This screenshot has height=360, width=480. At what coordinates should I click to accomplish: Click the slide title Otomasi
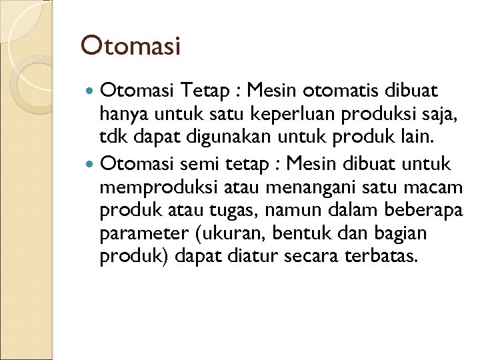pyautogui.click(x=131, y=46)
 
